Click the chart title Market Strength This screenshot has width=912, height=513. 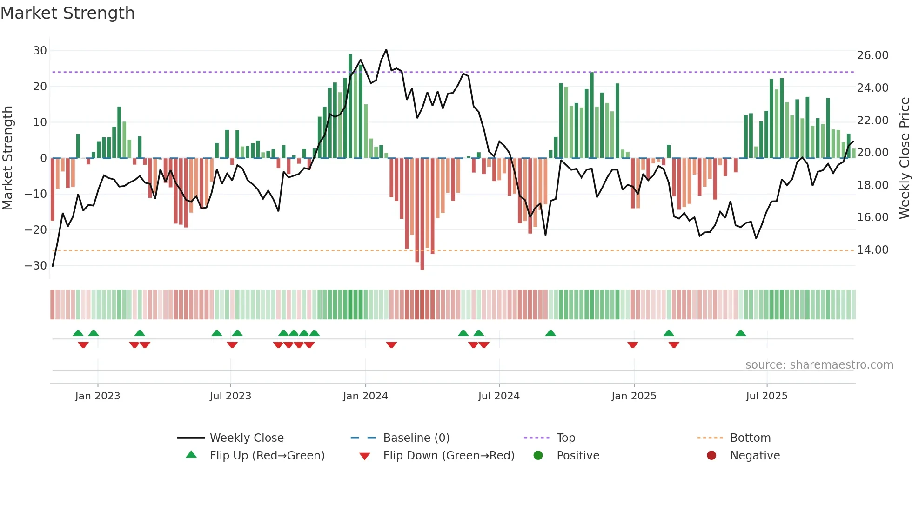(67, 13)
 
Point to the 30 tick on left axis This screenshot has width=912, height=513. (40, 50)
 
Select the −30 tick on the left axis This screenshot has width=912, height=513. (36, 265)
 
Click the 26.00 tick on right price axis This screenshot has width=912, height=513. (872, 55)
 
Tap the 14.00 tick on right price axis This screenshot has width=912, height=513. (872, 250)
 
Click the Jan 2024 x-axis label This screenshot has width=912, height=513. (365, 396)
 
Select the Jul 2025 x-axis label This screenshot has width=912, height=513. (766, 396)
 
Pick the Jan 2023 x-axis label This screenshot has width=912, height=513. (98, 396)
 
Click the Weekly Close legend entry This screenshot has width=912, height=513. (246, 438)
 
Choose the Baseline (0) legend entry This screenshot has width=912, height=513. (416, 438)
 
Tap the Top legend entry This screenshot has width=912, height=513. (565, 438)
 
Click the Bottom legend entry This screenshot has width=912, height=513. (750, 438)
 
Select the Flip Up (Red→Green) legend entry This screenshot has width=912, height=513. (267, 455)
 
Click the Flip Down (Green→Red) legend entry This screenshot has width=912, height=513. (449, 455)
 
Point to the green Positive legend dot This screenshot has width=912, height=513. (538, 455)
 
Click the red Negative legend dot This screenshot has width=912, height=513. (711, 455)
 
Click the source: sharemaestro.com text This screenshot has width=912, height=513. (819, 364)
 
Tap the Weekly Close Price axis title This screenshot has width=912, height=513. (904, 158)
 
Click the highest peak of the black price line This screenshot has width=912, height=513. (386, 50)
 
